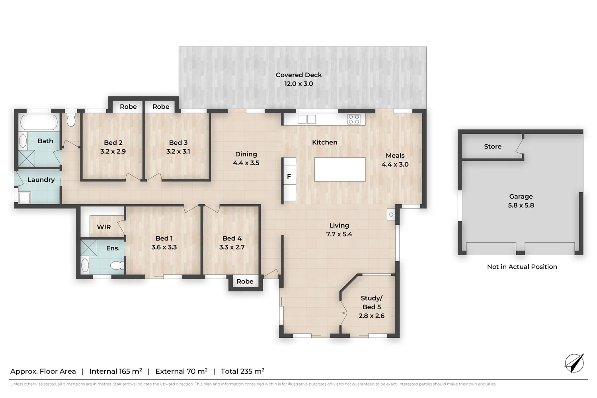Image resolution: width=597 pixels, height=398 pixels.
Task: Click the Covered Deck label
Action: tap(298, 75)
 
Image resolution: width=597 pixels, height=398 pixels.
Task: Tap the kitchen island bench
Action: tap(339, 170)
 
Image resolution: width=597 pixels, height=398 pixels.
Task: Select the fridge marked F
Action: tap(289, 177)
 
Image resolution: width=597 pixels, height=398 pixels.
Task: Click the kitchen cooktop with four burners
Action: tap(354, 119)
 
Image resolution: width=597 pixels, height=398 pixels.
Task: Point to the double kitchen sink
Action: tap(306, 119)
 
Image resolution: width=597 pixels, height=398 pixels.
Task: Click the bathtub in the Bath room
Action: tap(39, 122)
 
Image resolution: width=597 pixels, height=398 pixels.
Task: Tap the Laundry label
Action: tap(41, 180)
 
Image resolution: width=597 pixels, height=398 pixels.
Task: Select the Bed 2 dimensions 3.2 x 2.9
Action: tap(113, 152)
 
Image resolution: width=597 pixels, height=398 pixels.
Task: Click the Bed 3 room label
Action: tap(178, 142)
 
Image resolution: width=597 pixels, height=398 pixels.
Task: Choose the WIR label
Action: tap(104, 227)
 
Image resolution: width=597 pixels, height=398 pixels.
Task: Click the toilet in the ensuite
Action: tap(116, 265)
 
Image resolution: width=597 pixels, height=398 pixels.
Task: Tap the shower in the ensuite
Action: tap(89, 248)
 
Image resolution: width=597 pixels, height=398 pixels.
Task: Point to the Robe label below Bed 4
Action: tap(245, 281)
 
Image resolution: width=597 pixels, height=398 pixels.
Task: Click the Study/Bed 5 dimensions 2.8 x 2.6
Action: tap(371, 316)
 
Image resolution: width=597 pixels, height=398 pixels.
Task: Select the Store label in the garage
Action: tap(492, 146)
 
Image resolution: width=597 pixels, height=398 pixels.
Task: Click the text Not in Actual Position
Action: tap(522, 267)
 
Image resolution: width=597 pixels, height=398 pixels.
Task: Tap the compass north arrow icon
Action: tap(574, 363)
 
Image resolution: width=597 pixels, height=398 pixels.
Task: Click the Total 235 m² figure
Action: tap(242, 371)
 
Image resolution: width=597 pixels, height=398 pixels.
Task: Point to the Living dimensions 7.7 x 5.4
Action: tap(339, 234)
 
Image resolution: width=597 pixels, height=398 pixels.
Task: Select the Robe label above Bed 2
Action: tap(128, 107)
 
